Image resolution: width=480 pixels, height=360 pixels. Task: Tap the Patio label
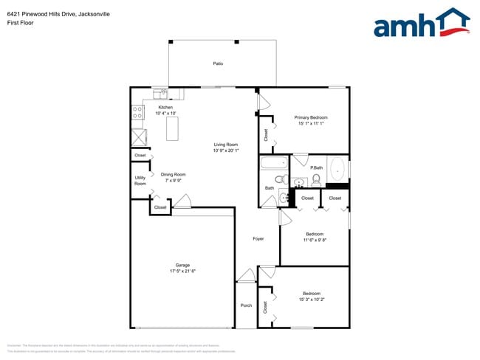click(218, 64)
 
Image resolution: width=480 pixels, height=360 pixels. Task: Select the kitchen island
click(173, 128)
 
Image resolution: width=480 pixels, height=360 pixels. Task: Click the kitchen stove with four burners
click(137, 113)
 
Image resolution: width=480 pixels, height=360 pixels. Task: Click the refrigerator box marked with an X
click(138, 136)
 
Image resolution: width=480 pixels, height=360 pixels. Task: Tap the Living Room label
click(225, 145)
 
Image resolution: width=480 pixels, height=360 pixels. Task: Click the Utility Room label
click(140, 181)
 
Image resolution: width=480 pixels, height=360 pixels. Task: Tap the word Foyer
click(258, 238)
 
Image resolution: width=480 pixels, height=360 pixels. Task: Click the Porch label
click(246, 305)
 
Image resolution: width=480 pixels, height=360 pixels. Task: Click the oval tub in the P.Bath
click(336, 169)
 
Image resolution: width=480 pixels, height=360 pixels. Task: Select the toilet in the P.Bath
click(316, 179)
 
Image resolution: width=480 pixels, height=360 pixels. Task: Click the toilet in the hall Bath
click(280, 179)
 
